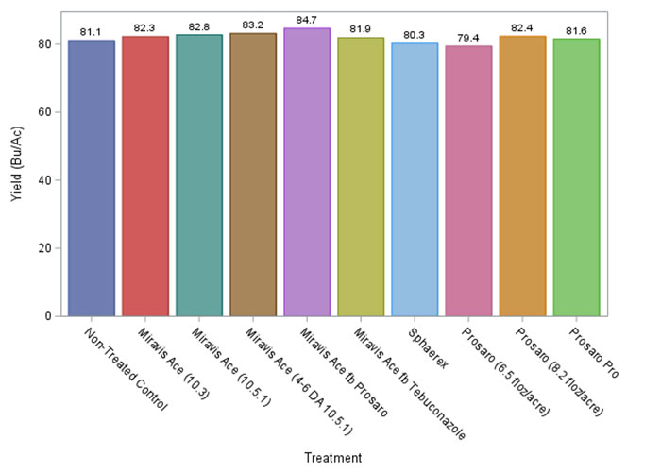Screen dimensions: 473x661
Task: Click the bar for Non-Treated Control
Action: pos(92,178)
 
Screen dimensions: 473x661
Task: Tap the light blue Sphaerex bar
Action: pos(415,179)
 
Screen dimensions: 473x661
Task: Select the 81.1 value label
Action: pos(92,31)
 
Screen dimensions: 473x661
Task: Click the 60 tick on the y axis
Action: pos(44,112)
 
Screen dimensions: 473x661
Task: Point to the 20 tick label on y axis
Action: pos(44,248)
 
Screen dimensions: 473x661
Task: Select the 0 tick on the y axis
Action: pos(48,316)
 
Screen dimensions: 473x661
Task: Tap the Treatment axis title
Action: pos(332,458)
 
